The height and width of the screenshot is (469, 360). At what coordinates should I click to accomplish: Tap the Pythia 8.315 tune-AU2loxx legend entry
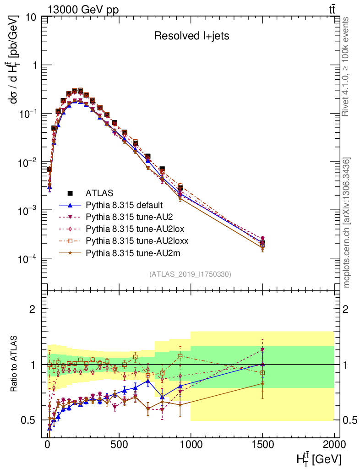(x=132, y=240)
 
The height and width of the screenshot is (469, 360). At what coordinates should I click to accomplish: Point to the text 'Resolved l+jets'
(x=191, y=36)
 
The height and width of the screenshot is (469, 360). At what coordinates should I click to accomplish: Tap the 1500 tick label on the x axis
(x=262, y=446)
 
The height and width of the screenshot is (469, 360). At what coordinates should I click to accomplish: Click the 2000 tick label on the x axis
(x=334, y=446)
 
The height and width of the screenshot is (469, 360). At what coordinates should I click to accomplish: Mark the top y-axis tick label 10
(x=32, y=17)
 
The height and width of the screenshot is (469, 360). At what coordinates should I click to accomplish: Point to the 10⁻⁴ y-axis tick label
(x=27, y=259)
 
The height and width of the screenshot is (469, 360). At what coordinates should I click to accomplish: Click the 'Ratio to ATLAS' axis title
(x=15, y=364)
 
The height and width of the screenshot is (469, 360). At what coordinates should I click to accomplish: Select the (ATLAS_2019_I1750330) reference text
(x=190, y=274)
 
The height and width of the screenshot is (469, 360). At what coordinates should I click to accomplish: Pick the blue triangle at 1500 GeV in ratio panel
(x=262, y=364)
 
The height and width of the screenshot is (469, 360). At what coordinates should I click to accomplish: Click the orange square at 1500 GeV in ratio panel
(x=262, y=373)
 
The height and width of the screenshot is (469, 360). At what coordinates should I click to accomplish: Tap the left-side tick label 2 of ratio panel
(x=32, y=309)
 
